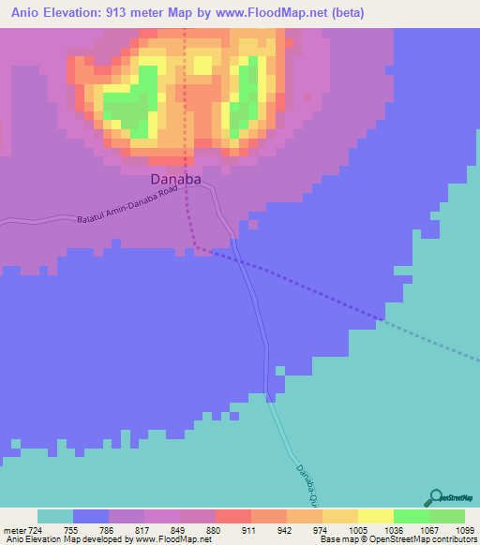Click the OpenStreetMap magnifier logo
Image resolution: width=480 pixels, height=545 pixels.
435,496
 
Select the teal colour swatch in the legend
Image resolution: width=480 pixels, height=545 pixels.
55,516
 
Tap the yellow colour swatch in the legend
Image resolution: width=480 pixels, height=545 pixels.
376,516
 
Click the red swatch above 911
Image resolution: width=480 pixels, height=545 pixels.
233,516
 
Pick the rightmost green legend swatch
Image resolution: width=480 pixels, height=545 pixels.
447,516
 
